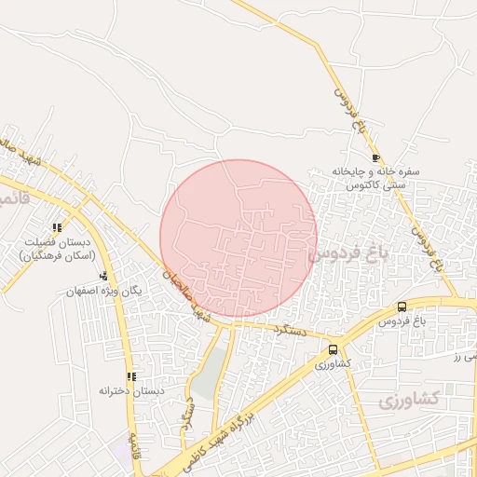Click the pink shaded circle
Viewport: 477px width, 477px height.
(x=238, y=238)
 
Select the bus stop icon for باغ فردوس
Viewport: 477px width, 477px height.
(x=402, y=307)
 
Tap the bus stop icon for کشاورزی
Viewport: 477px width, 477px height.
(x=333, y=349)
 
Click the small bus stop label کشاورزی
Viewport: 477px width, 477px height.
(x=333, y=363)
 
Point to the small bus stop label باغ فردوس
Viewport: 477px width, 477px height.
(x=402, y=321)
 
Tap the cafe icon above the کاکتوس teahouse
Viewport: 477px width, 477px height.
(x=375, y=157)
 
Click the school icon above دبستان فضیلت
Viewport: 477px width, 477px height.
(x=58, y=227)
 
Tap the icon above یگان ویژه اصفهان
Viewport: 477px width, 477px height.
(x=104, y=276)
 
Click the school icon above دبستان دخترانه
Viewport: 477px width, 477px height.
(x=131, y=376)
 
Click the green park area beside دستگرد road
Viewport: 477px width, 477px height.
(x=213, y=373)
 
